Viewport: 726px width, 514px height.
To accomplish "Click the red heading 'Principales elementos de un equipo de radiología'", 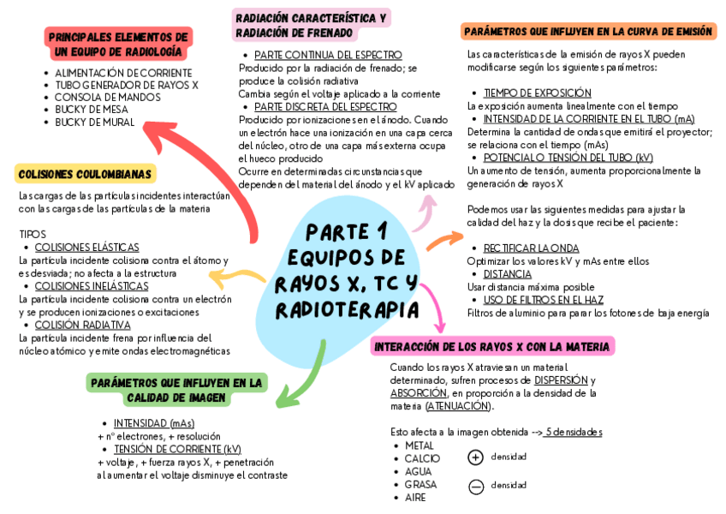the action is tap(118, 45).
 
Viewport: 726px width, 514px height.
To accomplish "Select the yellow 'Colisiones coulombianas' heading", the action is tap(85, 174).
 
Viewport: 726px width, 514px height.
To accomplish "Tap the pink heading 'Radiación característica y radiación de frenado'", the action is tap(311, 26).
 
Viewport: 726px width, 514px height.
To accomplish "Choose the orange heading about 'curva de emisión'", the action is tap(587, 32).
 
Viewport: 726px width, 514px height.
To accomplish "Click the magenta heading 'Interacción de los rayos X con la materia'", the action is tap(492, 347).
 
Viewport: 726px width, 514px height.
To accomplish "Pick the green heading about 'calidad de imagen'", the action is tap(176, 390).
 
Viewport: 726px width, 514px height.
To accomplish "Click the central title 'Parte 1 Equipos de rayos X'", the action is tap(347, 270).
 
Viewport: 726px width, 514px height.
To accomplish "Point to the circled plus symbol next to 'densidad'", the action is tap(476, 457).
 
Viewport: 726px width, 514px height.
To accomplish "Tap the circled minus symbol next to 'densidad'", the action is tap(476, 486).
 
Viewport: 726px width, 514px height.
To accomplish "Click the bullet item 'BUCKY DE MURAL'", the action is tap(94, 122).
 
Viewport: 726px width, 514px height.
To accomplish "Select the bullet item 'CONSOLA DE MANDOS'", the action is tap(107, 98).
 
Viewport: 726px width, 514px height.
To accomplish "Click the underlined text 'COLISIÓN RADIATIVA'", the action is tap(82, 326).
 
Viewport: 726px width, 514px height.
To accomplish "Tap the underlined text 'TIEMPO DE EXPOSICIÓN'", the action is tap(537, 93).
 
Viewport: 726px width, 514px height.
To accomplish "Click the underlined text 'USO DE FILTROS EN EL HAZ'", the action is tap(543, 300).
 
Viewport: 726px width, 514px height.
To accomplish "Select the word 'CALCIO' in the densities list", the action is tap(422, 458).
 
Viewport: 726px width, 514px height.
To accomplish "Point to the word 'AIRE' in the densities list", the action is tap(415, 498).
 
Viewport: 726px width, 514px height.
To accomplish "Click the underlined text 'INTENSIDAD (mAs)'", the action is tap(153, 423).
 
